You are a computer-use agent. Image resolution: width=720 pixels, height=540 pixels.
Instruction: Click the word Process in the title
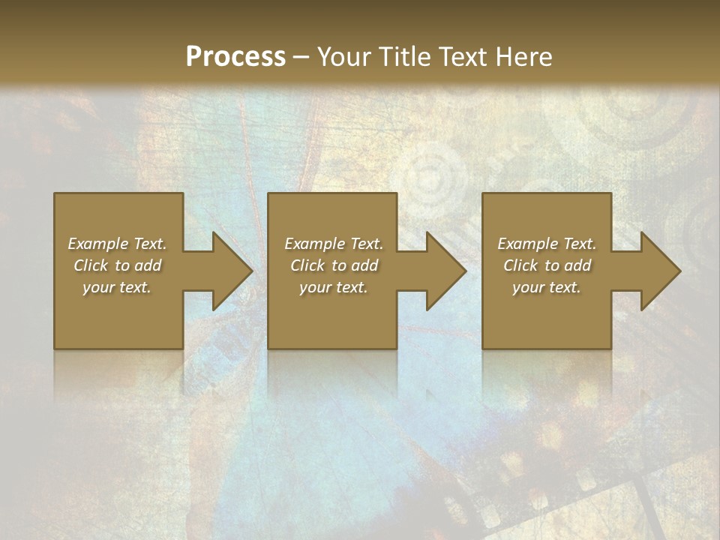pos(235,57)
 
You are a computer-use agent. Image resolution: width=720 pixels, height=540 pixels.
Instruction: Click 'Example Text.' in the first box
pos(117,244)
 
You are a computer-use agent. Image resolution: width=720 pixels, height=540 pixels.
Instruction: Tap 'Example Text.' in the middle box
pos(334,244)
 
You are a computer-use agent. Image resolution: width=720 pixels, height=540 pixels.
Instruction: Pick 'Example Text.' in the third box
pos(547,244)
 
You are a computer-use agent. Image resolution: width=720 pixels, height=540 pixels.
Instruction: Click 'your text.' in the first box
pos(117,287)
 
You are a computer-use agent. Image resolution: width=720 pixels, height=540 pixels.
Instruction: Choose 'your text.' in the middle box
pos(334,287)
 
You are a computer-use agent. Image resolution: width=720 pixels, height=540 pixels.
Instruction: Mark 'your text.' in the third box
pos(547,287)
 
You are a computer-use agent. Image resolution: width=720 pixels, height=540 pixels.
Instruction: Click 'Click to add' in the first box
pos(117,265)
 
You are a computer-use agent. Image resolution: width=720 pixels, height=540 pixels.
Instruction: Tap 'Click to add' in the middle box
pos(334,265)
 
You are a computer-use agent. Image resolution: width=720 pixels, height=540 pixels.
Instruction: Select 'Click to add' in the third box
pos(547,265)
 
